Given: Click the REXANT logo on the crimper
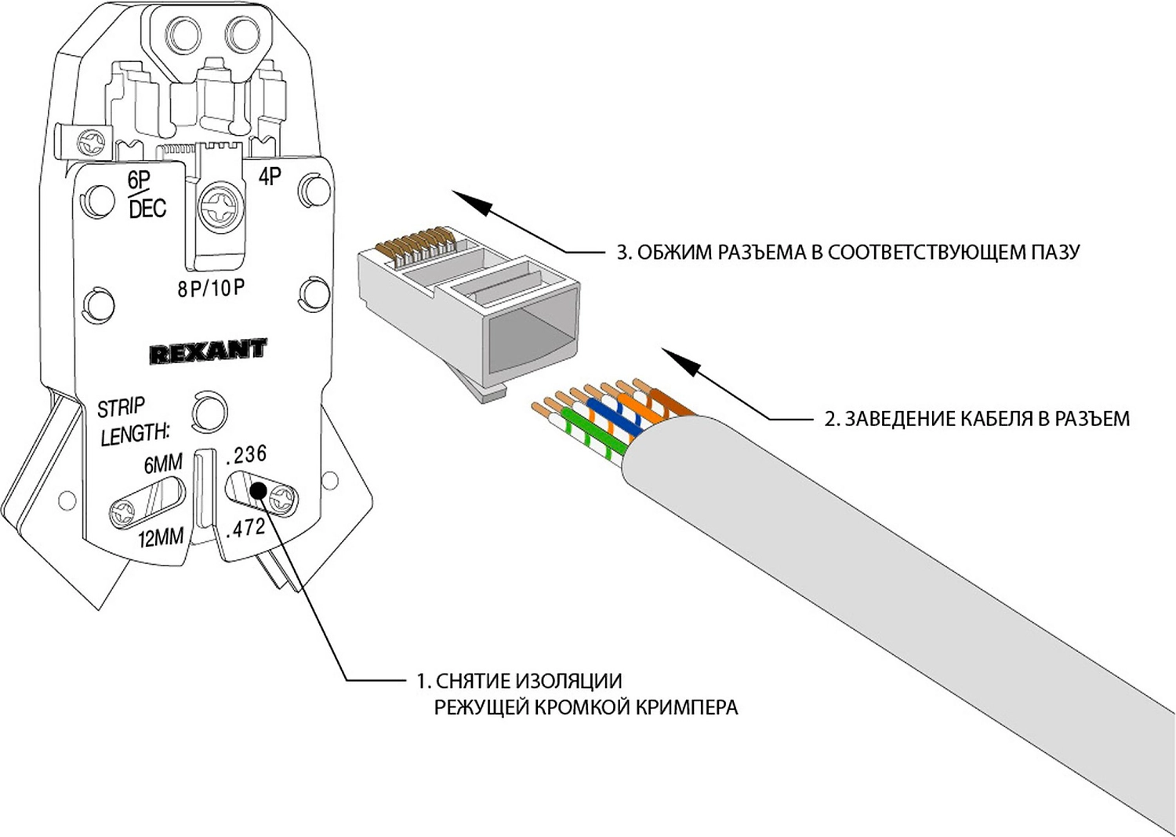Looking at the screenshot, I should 208,351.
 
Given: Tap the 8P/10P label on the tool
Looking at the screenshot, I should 211,289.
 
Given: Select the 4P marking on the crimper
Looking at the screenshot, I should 270,176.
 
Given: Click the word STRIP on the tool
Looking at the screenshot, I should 121,407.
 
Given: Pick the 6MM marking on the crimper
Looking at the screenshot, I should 162,464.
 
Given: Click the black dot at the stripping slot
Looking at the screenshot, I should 257,492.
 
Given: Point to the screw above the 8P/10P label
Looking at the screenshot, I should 217,206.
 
